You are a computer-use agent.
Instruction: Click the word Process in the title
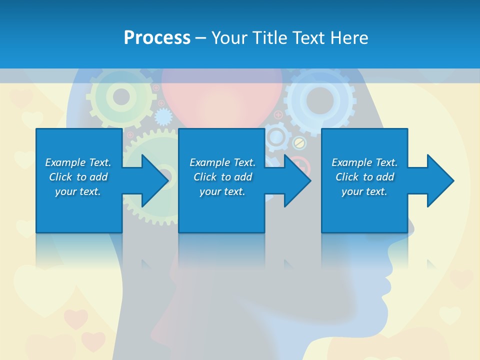[x=157, y=37]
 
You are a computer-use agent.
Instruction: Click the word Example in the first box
[x=65, y=162]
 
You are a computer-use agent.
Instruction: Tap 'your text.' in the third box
[x=364, y=191]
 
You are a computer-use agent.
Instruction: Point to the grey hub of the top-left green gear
[x=121, y=96]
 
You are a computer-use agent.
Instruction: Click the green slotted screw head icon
[x=299, y=143]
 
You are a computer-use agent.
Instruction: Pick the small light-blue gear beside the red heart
[x=163, y=117]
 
